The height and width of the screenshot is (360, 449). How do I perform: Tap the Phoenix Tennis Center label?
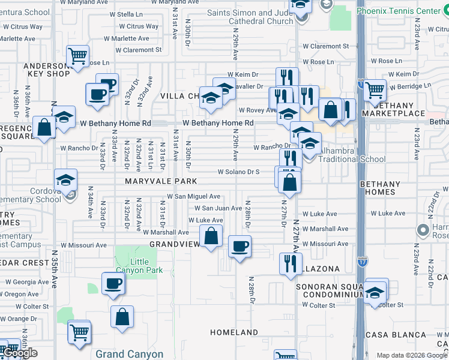click(x=406, y=11)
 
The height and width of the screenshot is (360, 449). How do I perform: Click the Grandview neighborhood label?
click(x=174, y=244)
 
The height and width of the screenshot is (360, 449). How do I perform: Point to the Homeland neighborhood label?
click(x=234, y=332)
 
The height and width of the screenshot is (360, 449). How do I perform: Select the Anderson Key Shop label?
click(x=46, y=70)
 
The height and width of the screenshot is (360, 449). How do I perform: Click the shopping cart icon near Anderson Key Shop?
click(x=77, y=57)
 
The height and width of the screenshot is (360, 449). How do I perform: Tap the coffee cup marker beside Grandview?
click(x=240, y=247)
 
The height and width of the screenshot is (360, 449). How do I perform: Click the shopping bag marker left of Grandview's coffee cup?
click(x=211, y=236)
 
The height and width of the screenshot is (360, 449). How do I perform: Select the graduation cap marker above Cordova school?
click(x=65, y=179)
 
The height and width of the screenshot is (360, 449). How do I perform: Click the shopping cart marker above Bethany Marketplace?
click(x=375, y=91)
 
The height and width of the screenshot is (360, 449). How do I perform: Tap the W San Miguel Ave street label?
click(x=193, y=196)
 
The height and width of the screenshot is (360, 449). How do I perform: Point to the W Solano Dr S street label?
click(x=238, y=172)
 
